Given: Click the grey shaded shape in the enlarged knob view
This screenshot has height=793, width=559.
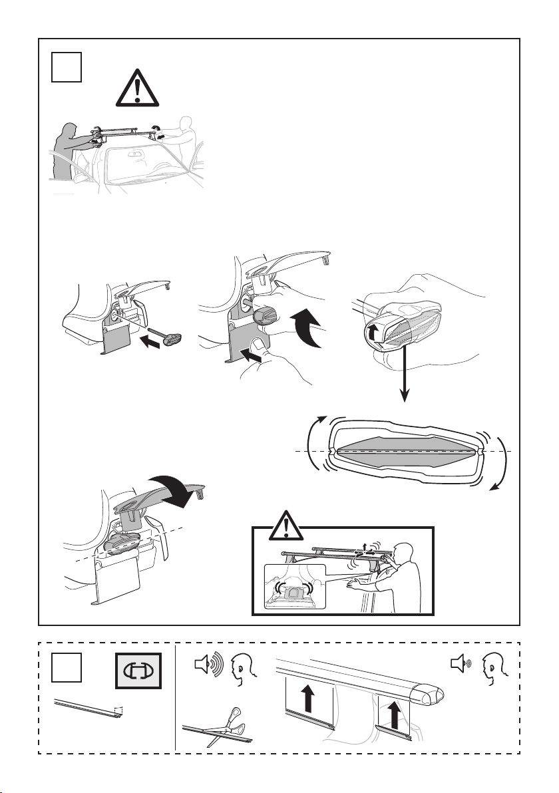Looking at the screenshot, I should (x=407, y=450).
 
